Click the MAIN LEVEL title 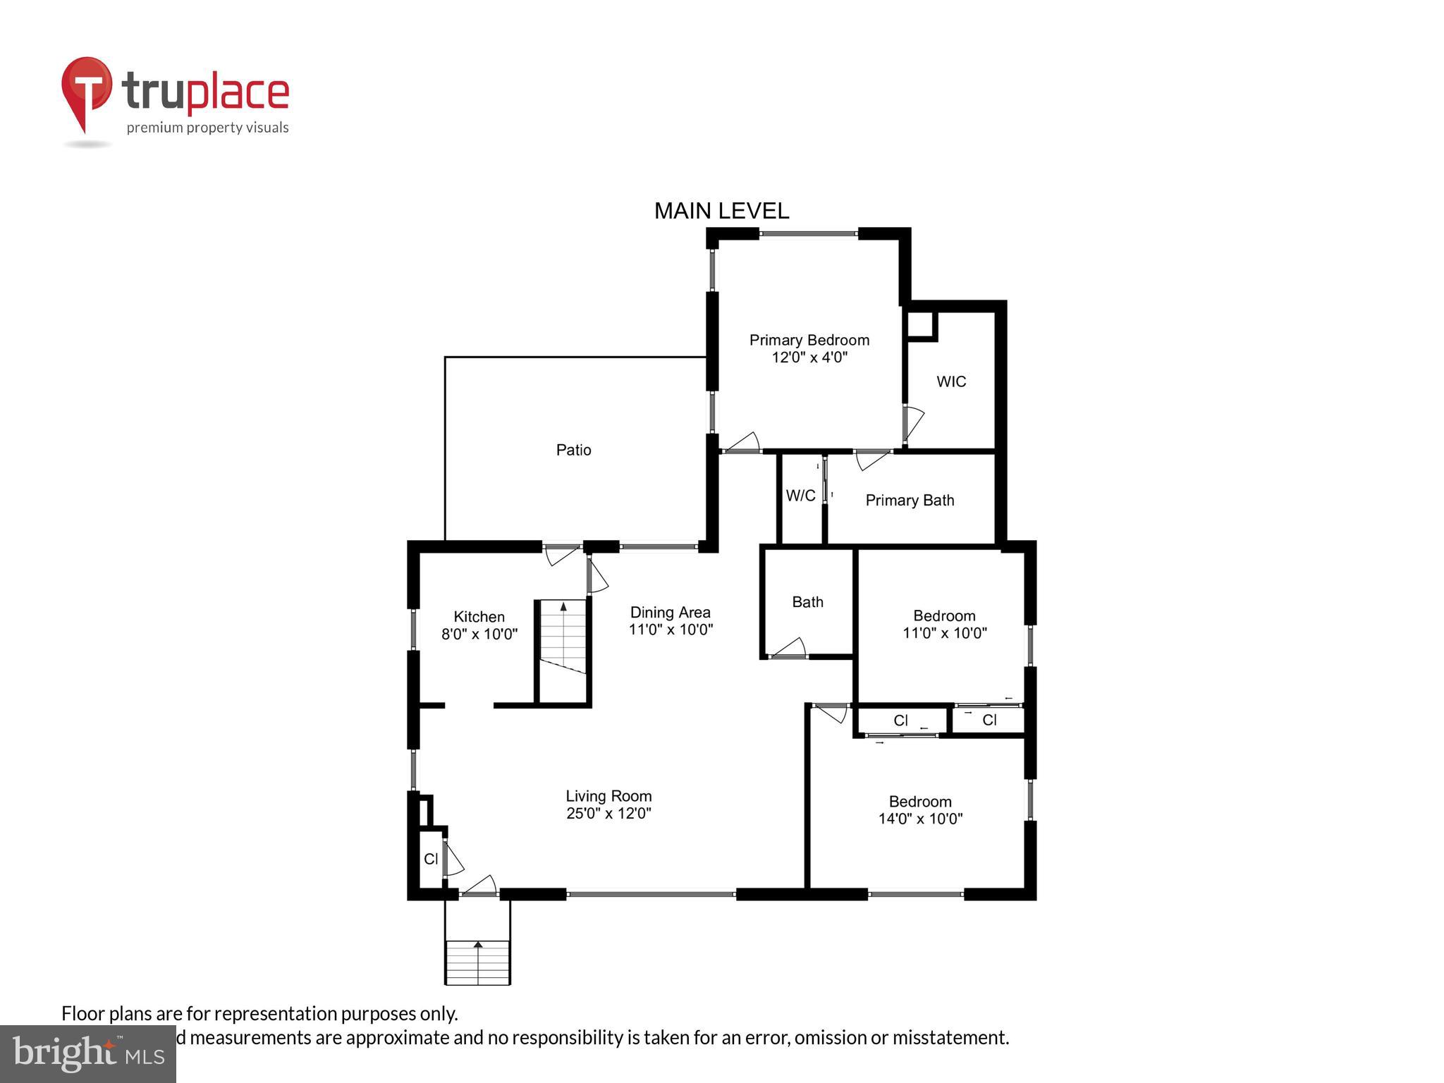pyautogui.click(x=721, y=211)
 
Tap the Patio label pyautogui.click(x=573, y=450)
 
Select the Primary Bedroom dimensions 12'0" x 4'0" pyautogui.click(x=809, y=357)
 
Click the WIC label pyautogui.click(x=950, y=381)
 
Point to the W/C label pyautogui.click(x=800, y=496)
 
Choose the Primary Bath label pyautogui.click(x=910, y=501)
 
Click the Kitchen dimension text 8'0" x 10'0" pyautogui.click(x=479, y=635)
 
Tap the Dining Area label pyautogui.click(x=670, y=612)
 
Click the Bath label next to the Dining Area pyautogui.click(x=807, y=602)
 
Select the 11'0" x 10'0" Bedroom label pyautogui.click(x=944, y=624)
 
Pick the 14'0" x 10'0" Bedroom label pyautogui.click(x=920, y=810)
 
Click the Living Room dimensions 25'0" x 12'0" pyautogui.click(x=608, y=814)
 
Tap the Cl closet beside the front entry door pyautogui.click(x=430, y=859)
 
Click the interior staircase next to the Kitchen pyautogui.click(x=563, y=637)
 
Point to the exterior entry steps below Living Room pyautogui.click(x=477, y=962)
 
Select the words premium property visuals pyautogui.click(x=207, y=128)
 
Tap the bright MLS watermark pyautogui.click(x=88, y=1053)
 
